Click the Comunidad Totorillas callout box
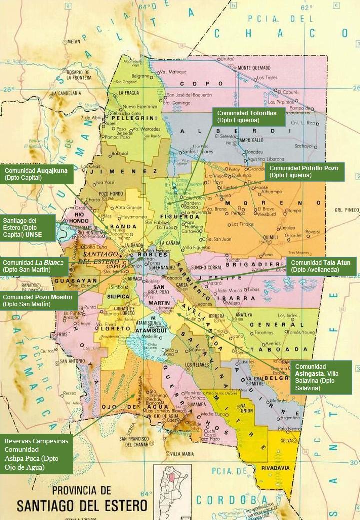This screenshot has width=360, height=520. [249, 117]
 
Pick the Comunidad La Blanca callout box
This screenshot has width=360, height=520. [34, 266]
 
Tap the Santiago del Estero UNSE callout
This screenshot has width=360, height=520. [28, 228]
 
